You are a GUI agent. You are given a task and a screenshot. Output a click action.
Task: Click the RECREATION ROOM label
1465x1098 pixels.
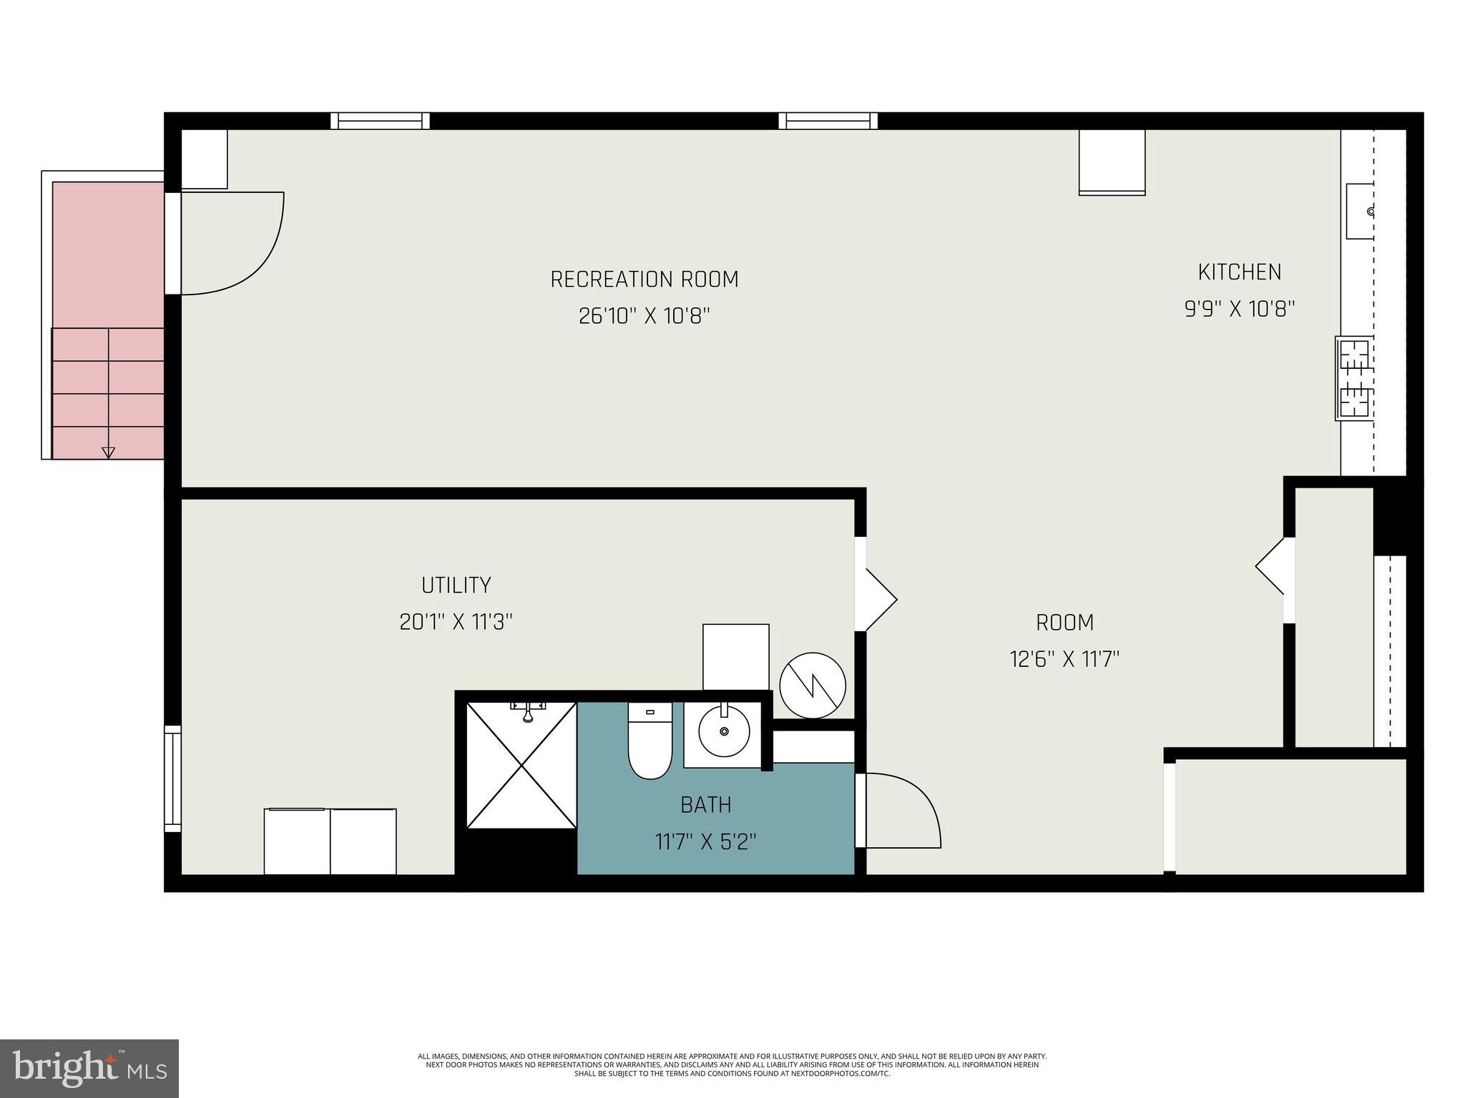(644, 279)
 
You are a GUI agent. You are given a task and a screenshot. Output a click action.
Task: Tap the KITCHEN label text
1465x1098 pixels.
(1239, 272)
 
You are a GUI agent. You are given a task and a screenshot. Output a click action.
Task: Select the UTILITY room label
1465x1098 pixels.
(456, 585)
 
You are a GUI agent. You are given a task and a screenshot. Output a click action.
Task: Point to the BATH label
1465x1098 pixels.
(705, 805)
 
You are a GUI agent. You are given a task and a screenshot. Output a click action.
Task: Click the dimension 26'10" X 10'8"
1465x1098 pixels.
(644, 316)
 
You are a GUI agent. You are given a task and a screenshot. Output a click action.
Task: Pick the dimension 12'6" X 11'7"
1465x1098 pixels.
(1064, 658)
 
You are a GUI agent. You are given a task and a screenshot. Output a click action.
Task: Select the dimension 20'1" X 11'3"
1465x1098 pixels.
(456, 622)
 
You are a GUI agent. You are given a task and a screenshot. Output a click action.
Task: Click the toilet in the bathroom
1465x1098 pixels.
(650, 743)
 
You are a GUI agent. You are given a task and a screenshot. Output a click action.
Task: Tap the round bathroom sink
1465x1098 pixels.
(724, 732)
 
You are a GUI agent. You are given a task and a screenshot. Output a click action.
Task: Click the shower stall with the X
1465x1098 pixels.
(521, 766)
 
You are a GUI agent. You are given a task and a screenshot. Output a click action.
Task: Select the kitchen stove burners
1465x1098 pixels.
(1354, 378)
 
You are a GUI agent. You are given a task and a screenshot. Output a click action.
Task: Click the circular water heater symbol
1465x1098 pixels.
(813, 685)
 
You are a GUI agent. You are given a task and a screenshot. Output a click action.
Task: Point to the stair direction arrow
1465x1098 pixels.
(108, 451)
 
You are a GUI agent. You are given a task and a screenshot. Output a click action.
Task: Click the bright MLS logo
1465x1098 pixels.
(89, 1068)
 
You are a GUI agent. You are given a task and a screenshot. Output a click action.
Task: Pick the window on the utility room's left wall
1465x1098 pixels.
(172, 778)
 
